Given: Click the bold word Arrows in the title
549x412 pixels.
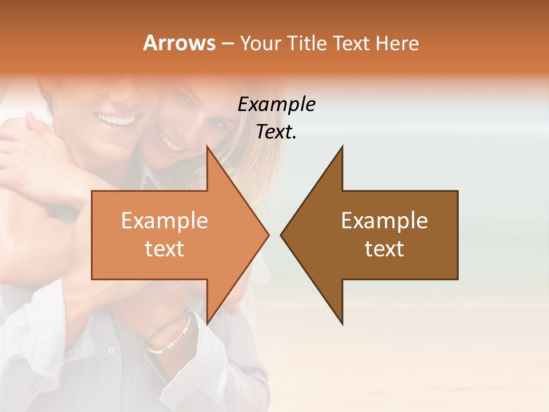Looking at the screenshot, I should tap(180, 43).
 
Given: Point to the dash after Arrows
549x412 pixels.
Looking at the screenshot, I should tap(227, 43).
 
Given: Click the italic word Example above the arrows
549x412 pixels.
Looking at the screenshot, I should tap(276, 104).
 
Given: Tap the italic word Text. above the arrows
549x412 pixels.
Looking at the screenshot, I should tap(276, 132).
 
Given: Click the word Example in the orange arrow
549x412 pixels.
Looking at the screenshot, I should tap(164, 221).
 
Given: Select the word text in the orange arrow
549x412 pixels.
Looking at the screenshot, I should tap(164, 249).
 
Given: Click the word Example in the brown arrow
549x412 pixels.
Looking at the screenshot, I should tap(384, 221).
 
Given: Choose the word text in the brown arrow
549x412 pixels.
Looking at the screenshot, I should tap(384, 249).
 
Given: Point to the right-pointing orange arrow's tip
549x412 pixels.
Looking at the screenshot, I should tap(268, 235).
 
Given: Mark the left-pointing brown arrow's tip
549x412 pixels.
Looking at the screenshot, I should tap(281, 235).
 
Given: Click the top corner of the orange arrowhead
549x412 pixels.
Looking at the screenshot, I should tap(207, 146).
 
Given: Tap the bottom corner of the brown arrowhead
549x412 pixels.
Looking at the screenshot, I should tap(342, 324).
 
